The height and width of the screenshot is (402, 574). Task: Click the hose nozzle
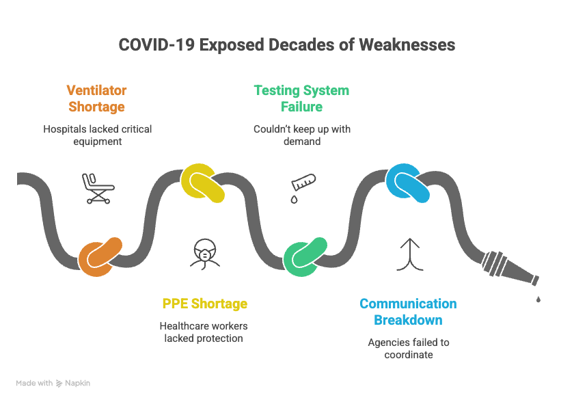pyautogui.click(x=509, y=269)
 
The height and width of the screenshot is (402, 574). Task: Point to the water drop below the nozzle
pyautogui.click(x=538, y=299)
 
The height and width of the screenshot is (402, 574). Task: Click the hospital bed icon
pyautogui.click(x=96, y=188)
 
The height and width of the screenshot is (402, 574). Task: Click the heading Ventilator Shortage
pyautogui.click(x=96, y=98)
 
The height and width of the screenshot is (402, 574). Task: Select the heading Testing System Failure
pyautogui.click(x=301, y=98)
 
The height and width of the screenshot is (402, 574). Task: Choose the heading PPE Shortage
pyautogui.click(x=204, y=304)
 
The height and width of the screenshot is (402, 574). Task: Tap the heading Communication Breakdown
pyautogui.click(x=408, y=312)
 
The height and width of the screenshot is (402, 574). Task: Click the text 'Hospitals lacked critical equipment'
pyautogui.click(x=97, y=135)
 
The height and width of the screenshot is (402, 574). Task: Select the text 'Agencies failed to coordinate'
pyautogui.click(x=408, y=348)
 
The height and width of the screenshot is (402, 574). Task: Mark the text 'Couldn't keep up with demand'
pyautogui.click(x=301, y=135)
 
